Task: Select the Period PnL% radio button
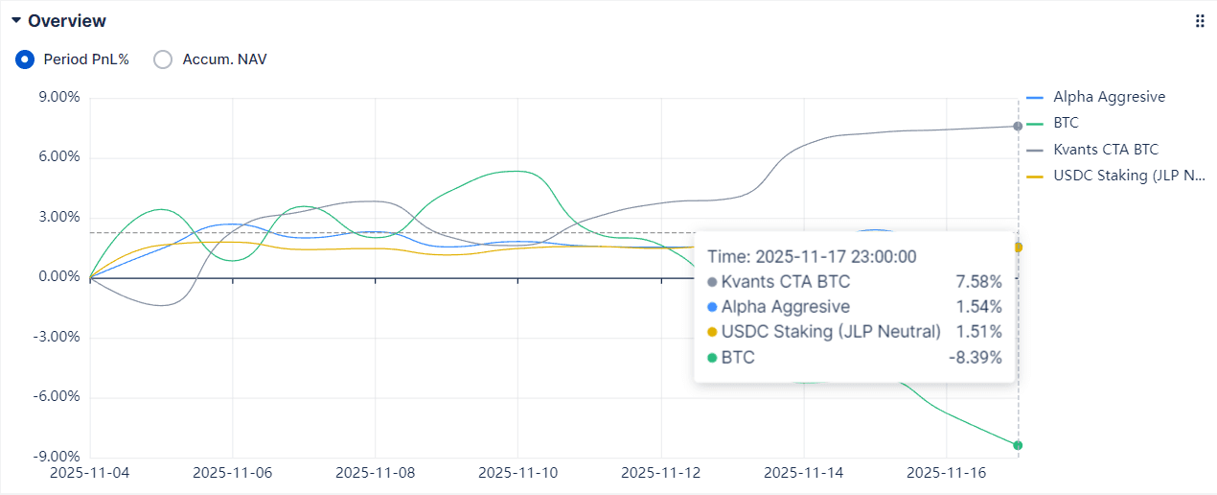tap(26, 59)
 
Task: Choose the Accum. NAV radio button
tap(164, 59)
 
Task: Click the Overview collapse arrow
tap(16, 20)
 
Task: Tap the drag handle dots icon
tap(1200, 21)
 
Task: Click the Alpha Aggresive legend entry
tap(1109, 97)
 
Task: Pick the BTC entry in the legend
tap(1066, 123)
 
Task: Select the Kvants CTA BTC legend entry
tap(1105, 150)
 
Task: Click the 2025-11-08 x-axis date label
tap(376, 473)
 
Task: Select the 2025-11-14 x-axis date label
tap(804, 473)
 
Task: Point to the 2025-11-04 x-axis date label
tap(89, 473)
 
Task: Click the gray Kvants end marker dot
tap(1018, 127)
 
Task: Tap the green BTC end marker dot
tap(1018, 445)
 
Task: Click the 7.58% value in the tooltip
tap(978, 282)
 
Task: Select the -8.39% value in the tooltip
tap(975, 358)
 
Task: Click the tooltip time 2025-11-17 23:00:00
tap(813, 256)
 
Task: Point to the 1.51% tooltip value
tap(978, 332)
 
